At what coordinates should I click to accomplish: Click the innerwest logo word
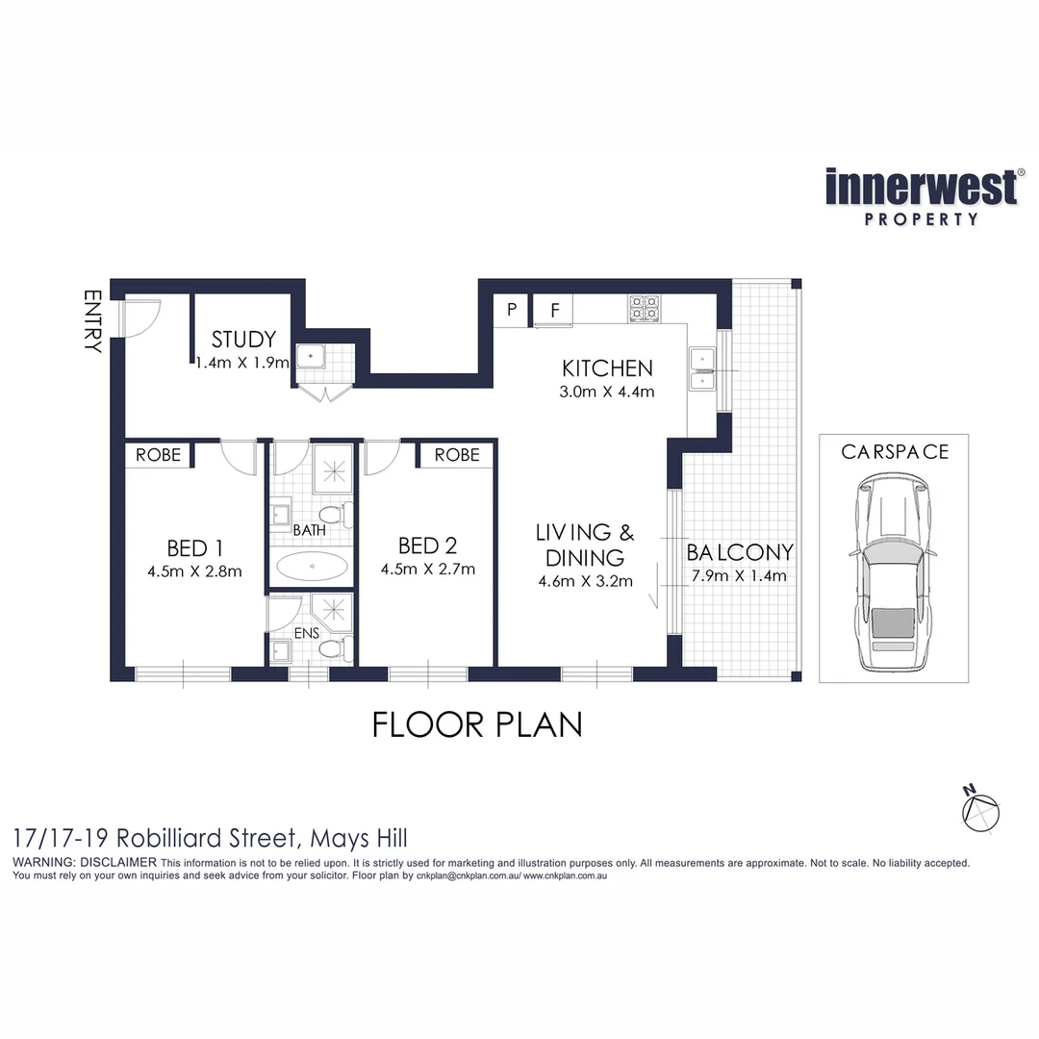pos(921,187)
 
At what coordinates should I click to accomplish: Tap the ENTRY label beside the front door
pos(92,321)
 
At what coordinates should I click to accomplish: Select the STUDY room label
pos(243,339)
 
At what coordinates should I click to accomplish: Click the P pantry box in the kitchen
pos(512,310)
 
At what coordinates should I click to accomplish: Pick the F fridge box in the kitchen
pos(554,310)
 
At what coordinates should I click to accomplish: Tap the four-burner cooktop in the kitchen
pos(644,308)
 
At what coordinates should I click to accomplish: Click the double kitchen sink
pos(702,368)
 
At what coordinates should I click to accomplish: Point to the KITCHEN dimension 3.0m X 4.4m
pos(608,392)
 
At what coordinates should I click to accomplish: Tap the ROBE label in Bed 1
pos(158,455)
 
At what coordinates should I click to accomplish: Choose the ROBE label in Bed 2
pos(456,455)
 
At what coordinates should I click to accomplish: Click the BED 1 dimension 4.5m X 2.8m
pos(195,571)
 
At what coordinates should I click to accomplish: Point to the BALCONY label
pos(739,552)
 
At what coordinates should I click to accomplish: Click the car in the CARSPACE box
pos(893,577)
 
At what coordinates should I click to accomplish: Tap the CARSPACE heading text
pos(894,451)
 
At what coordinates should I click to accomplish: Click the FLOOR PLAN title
pos(477,724)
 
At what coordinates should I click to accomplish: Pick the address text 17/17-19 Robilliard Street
pos(210,838)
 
